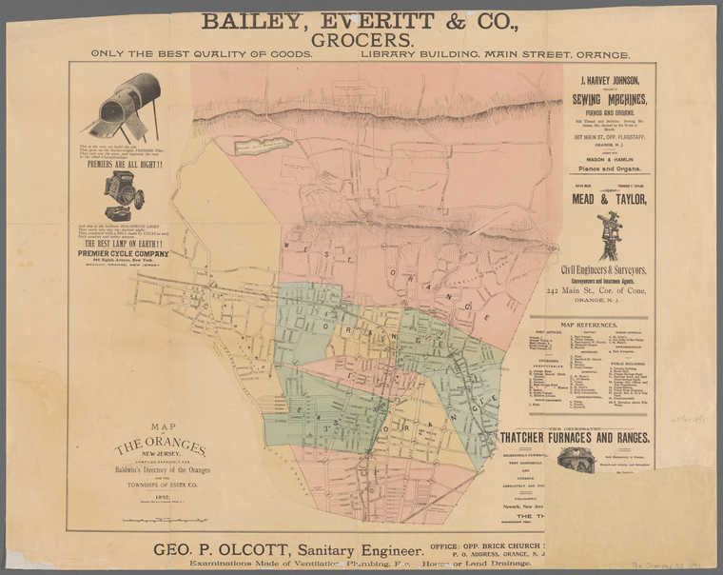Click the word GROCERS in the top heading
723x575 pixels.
point(361,40)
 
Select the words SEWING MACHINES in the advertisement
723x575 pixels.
point(610,100)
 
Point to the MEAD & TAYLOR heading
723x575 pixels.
point(610,199)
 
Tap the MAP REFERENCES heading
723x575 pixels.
point(590,326)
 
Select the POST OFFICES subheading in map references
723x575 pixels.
point(549,334)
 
